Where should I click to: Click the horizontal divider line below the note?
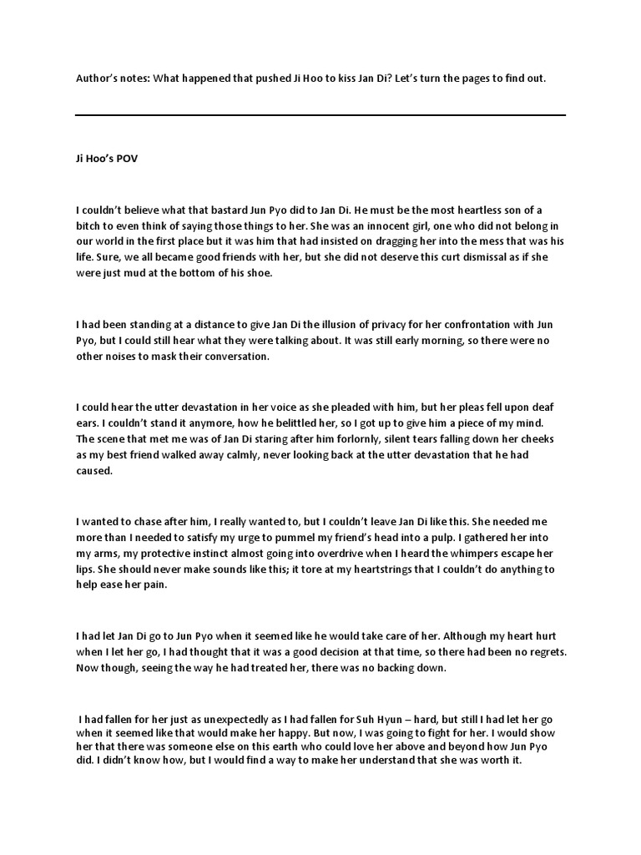coord(320,115)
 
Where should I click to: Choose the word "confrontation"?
coord(467,324)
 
